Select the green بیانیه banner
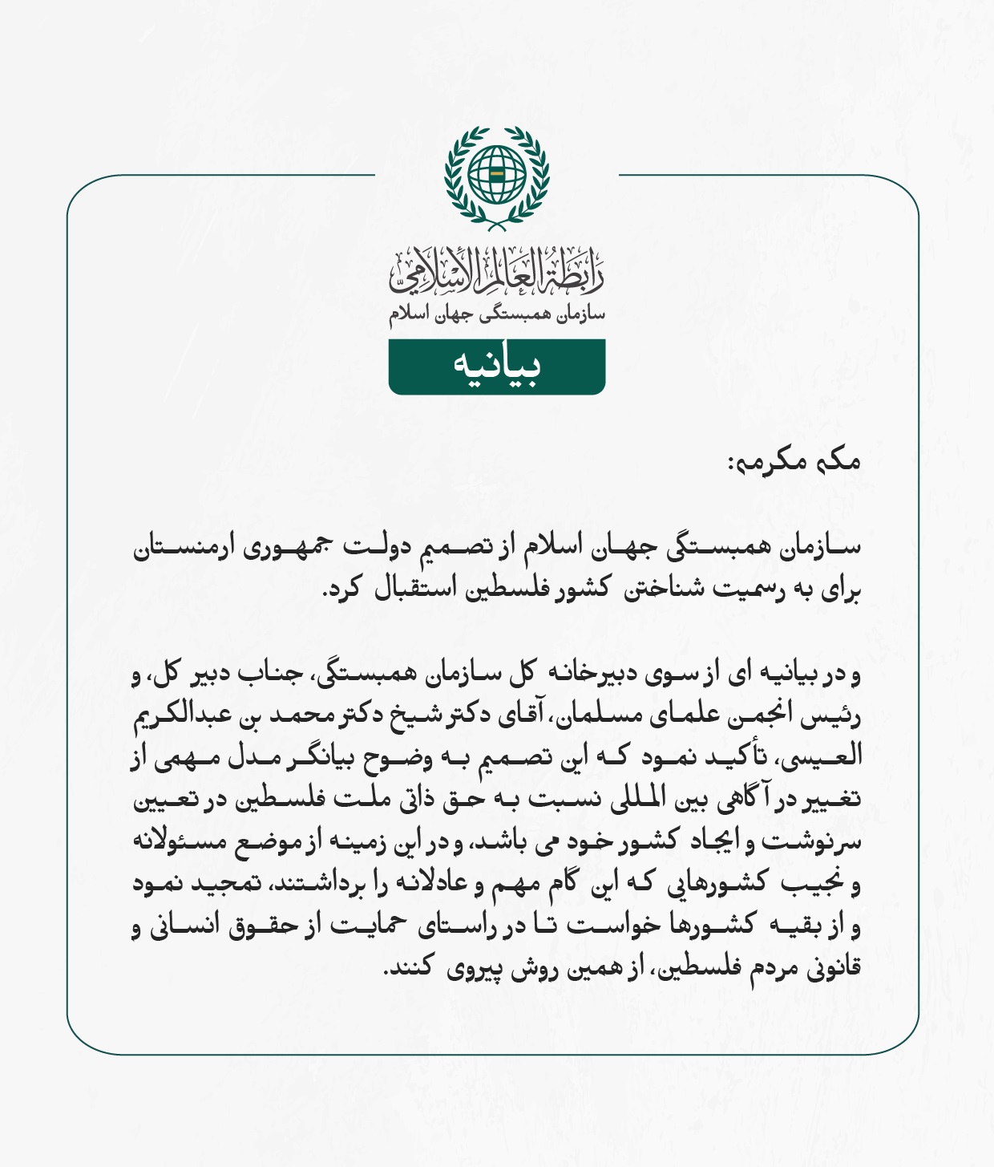(x=497, y=367)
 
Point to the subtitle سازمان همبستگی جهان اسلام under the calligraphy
(x=497, y=315)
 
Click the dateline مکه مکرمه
(x=794, y=462)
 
